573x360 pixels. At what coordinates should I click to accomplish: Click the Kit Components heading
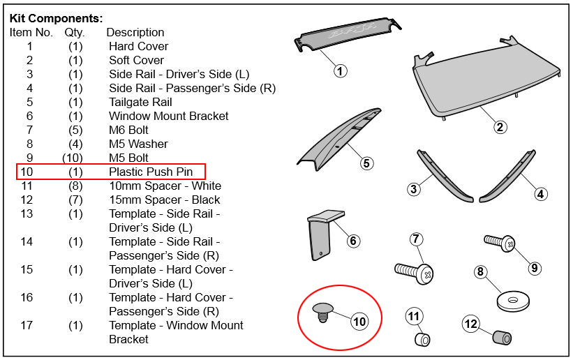(x=56, y=18)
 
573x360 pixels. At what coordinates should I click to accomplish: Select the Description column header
(x=135, y=32)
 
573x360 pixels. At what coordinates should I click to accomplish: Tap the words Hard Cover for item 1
(x=138, y=46)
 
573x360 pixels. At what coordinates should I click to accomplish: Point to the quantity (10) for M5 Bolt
(x=75, y=158)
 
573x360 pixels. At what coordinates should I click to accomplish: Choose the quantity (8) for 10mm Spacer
(x=75, y=186)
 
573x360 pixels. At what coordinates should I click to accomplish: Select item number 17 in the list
(x=29, y=325)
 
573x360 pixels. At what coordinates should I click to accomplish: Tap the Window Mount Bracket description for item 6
(x=168, y=116)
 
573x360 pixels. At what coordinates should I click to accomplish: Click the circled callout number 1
(x=340, y=70)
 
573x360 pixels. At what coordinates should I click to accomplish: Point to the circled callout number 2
(x=500, y=127)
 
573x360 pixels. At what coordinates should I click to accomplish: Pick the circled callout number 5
(x=366, y=163)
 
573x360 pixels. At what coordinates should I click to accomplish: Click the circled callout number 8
(x=480, y=272)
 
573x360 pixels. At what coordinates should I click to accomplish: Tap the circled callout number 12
(x=471, y=324)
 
